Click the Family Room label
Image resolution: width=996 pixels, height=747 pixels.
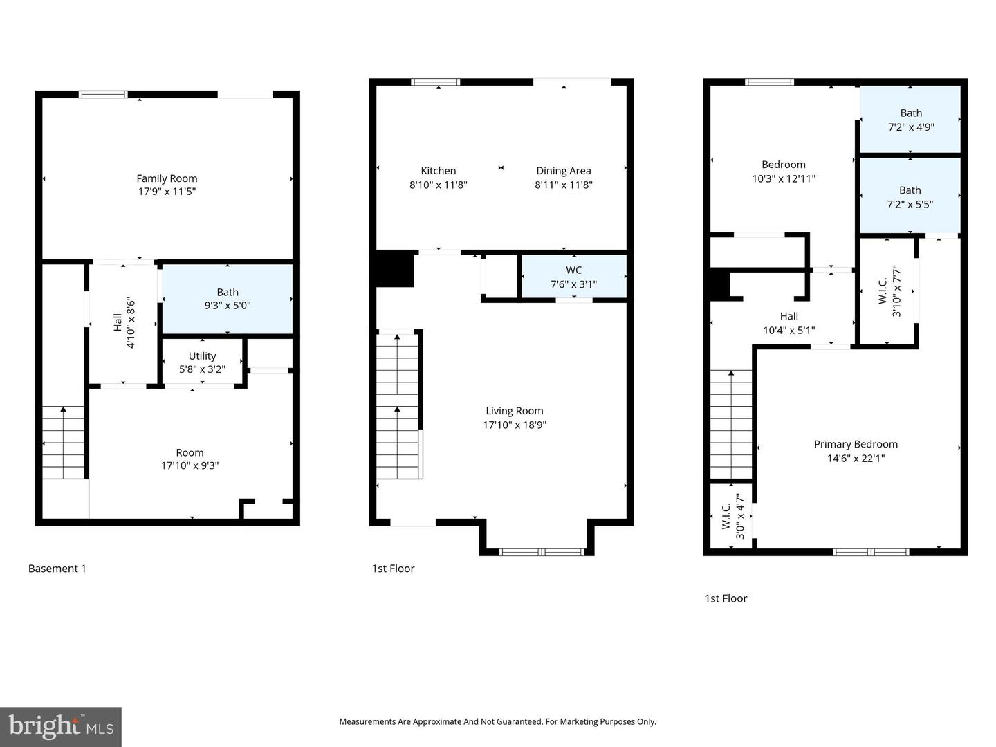coord(167,178)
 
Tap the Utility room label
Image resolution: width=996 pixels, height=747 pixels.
coord(202,356)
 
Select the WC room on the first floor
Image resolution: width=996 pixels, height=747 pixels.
coord(573,276)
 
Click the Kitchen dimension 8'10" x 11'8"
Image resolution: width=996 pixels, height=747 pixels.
coord(438,185)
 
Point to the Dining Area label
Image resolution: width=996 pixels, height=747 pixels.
coord(564,171)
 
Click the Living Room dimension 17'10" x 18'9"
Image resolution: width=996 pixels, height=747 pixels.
coord(514,425)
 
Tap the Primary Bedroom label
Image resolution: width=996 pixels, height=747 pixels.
coord(856,445)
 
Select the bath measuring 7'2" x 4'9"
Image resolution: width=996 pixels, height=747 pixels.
coord(910,120)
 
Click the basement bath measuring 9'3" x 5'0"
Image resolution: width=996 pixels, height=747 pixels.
coord(228,299)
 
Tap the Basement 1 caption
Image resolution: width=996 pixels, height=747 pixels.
coord(57,569)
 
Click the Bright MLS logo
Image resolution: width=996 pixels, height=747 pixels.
coord(61,727)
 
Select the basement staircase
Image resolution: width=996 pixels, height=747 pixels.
coord(64,442)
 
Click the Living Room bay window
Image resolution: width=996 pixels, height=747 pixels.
coord(542,552)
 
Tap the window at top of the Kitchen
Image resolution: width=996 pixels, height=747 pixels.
coord(436,82)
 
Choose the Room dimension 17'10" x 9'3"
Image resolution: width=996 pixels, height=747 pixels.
coord(190,465)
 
